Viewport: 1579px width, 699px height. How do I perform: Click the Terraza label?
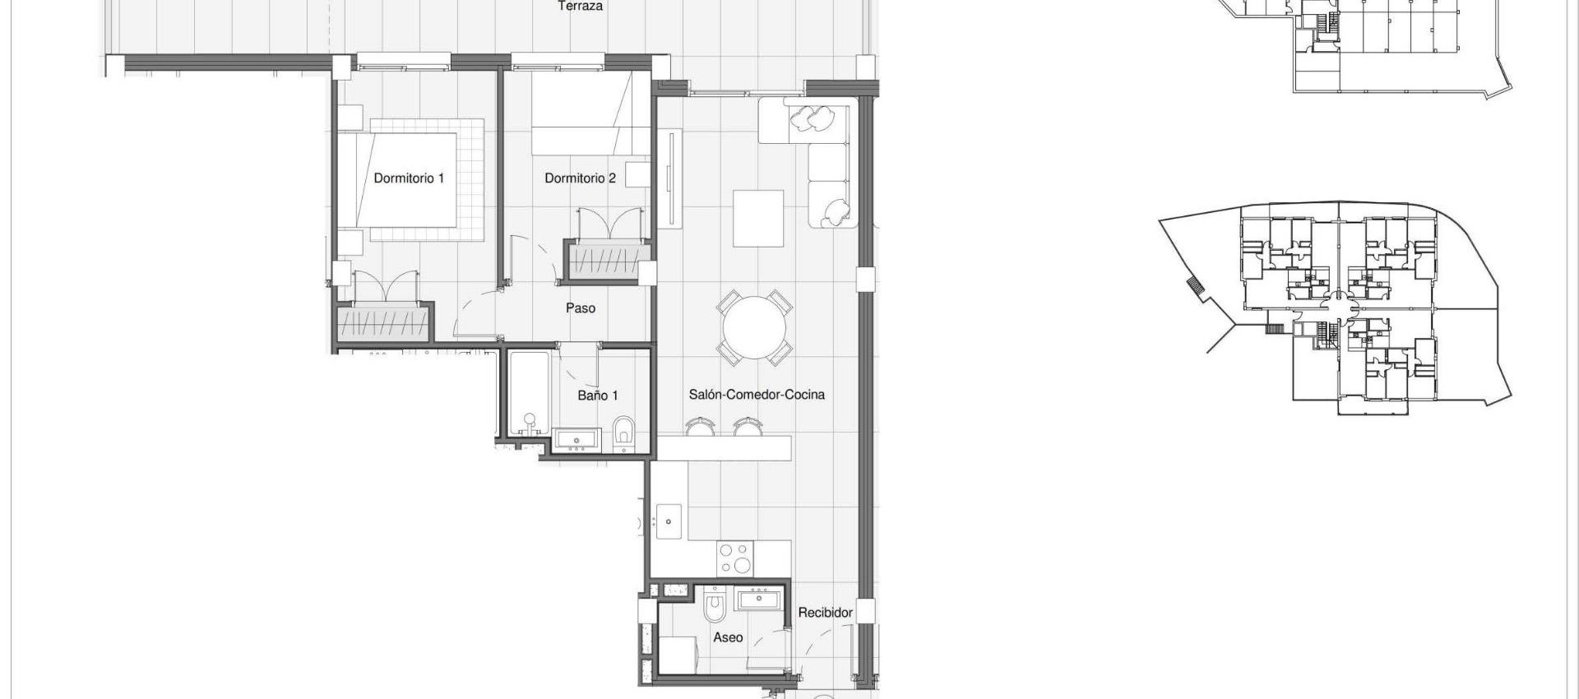pos(580,7)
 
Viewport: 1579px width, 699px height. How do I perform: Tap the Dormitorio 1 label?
pos(409,178)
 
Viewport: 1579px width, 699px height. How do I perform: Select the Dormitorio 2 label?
pos(580,178)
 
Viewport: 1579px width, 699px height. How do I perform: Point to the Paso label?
pos(581,308)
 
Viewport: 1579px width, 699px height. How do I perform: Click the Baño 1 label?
pos(597,396)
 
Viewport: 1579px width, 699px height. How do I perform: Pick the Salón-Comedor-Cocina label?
pos(757,395)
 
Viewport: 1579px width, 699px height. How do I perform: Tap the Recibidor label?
pos(825,613)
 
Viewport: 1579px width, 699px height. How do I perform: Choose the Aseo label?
pos(728,637)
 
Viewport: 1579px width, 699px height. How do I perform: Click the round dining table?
pos(754,328)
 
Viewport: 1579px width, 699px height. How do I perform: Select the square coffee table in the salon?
pos(758,218)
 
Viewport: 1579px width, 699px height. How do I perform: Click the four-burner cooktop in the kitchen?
pos(734,558)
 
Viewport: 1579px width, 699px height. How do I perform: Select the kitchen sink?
pos(669,521)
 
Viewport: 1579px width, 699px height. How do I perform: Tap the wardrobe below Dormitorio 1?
pos(383,322)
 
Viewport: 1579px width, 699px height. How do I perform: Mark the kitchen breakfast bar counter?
pos(724,448)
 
